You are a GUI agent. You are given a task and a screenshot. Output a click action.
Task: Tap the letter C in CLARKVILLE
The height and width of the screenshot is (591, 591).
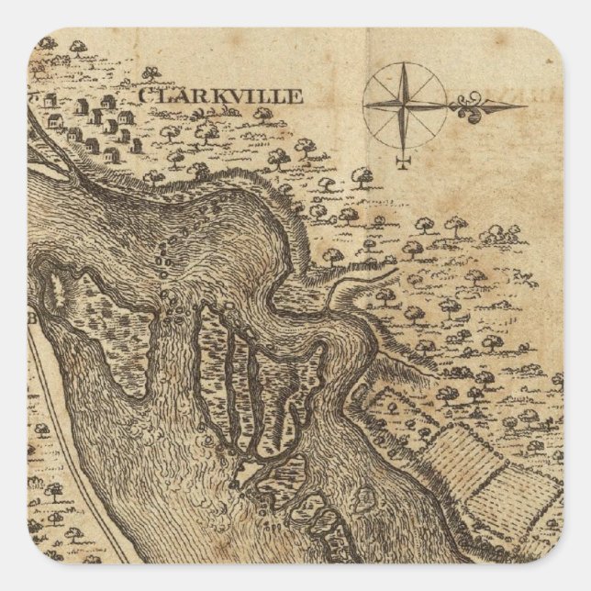click(145, 95)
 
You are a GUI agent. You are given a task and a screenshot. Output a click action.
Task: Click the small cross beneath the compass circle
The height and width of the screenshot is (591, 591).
click(401, 162)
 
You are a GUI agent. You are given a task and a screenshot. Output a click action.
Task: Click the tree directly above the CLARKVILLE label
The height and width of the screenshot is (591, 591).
click(151, 72)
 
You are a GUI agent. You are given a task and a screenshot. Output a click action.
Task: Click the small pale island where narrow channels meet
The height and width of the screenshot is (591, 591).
click(239, 472)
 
